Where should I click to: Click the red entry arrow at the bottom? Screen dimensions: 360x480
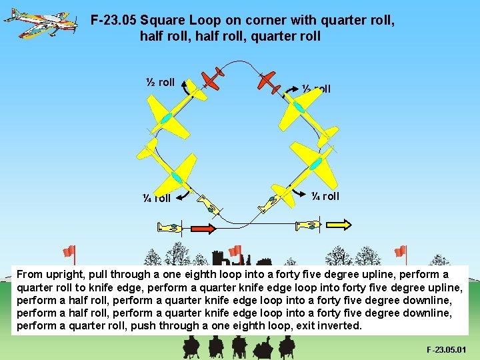click(x=203, y=229)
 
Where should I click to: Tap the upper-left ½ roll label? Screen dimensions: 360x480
click(x=160, y=83)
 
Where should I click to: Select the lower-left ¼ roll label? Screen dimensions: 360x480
click(x=157, y=198)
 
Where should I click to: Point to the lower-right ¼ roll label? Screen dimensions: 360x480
click(x=325, y=196)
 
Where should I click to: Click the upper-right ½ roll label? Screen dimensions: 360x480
click(x=316, y=89)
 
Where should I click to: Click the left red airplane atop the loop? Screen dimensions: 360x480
click(x=212, y=79)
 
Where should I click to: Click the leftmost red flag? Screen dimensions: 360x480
click(x=69, y=251)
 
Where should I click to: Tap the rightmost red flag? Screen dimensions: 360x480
click(x=400, y=251)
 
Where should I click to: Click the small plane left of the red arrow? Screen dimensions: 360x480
click(x=169, y=228)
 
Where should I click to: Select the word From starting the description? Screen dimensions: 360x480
click(x=30, y=274)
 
